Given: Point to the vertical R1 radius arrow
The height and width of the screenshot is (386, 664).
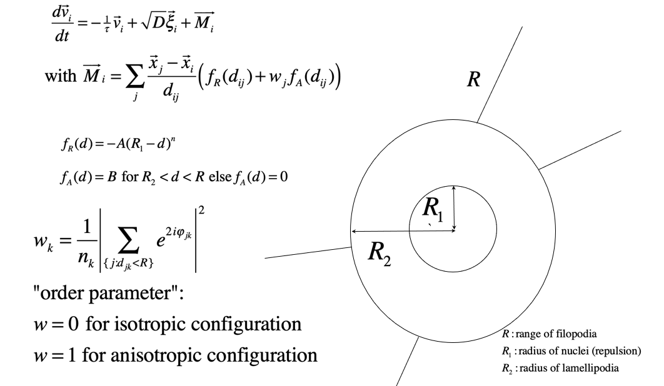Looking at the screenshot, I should point(455,210).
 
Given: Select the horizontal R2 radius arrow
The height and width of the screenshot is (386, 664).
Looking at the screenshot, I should point(403,232).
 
